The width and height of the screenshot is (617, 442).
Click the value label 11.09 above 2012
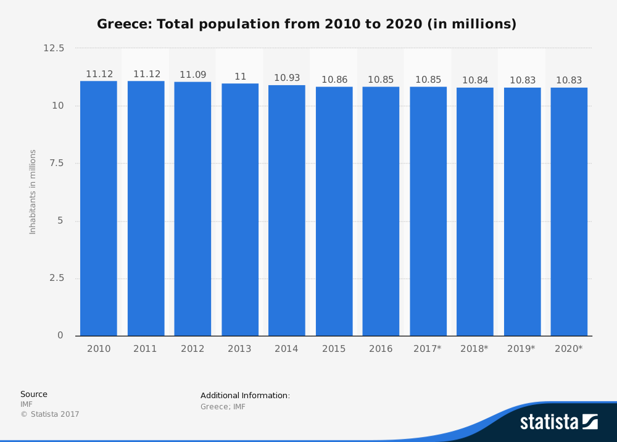(193, 75)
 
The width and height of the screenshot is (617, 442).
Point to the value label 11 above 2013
(240, 77)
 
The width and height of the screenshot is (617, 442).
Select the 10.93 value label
(287, 78)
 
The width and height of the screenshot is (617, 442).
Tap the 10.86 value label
(334, 80)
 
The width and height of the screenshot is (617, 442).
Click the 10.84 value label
(475, 80)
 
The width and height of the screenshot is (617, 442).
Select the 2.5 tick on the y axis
(57, 278)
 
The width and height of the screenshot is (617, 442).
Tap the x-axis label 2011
(146, 349)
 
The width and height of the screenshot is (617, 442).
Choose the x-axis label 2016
(381, 349)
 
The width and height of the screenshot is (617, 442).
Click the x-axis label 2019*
(521, 349)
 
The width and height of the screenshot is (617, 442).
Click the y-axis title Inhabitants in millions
(33, 191)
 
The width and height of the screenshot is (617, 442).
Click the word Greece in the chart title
(123, 25)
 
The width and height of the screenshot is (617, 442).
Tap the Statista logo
(558, 422)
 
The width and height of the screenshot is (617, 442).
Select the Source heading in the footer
(34, 394)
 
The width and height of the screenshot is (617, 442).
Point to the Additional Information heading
(245, 396)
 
